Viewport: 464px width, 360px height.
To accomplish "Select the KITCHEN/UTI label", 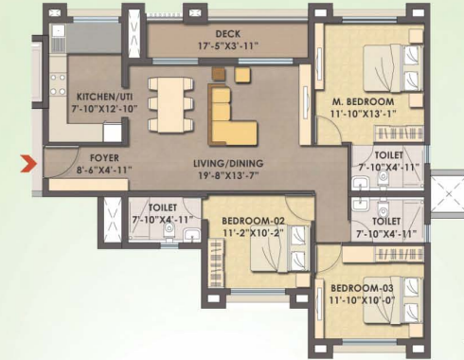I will click(x=95, y=97).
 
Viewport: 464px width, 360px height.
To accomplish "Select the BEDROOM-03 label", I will click(x=362, y=289).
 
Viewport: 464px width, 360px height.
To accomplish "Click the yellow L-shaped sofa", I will click(x=232, y=117).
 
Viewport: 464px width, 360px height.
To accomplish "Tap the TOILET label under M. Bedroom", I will click(x=388, y=155).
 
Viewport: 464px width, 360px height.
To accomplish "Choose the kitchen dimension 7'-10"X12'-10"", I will click(x=95, y=109).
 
